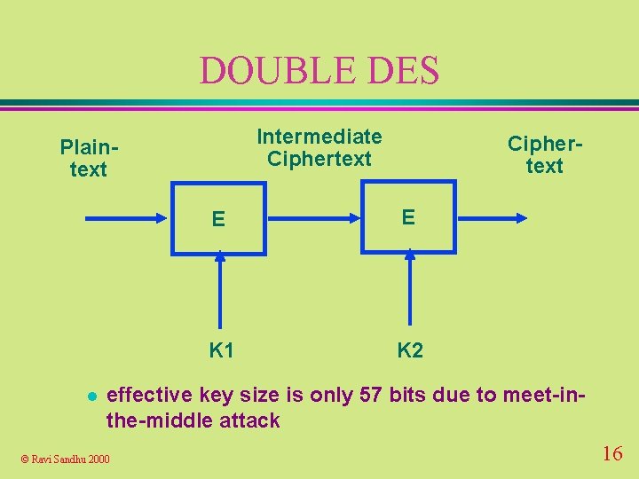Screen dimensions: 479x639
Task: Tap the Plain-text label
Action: (89, 158)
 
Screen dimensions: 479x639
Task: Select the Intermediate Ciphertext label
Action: (319, 147)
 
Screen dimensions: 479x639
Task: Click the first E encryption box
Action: (218, 218)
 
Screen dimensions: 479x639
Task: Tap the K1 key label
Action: (221, 350)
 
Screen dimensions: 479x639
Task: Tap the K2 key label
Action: (410, 350)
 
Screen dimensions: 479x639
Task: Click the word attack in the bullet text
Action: (249, 420)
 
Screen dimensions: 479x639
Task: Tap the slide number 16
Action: (611, 454)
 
